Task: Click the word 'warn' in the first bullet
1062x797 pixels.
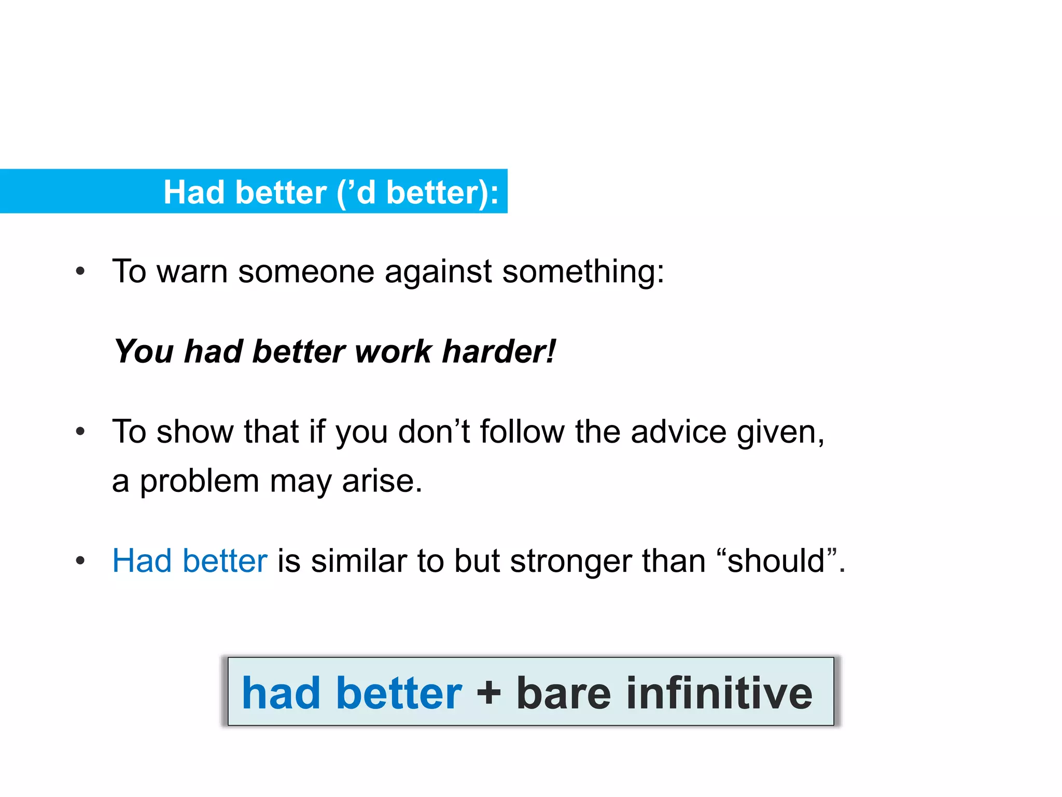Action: pos(192,272)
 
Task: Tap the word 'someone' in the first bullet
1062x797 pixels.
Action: pos(306,272)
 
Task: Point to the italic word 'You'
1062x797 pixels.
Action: pos(144,352)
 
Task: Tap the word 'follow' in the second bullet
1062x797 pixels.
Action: pos(522,432)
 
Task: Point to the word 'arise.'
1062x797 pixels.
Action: pos(382,482)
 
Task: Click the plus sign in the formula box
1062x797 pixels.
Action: pos(488,694)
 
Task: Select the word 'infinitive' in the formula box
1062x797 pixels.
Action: pos(719,694)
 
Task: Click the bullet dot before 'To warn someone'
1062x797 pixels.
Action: pos(80,271)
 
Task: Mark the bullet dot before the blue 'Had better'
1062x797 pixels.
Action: pos(80,561)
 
